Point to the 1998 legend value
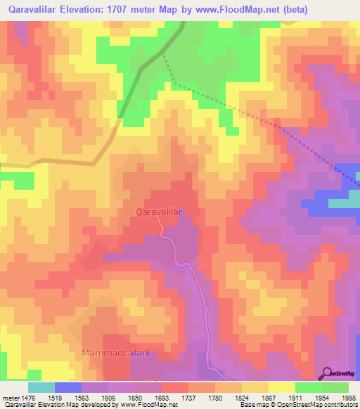tap(349, 397)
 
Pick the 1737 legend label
tap(188, 397)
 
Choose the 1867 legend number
tap(269, 397)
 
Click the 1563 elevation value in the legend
tap(81, 397)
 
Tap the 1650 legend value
tap(134, 397)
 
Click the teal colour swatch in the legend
tap(41, 387)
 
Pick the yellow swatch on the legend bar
tap(281, 387)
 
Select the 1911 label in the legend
tap(295, 397)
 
